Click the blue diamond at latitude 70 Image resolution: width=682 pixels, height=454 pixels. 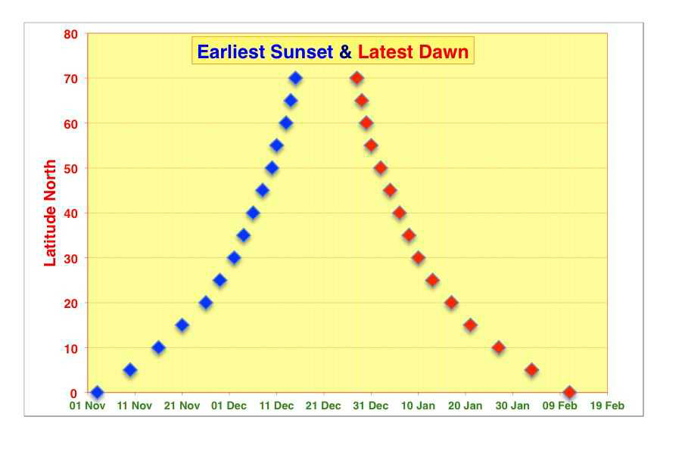point(296,78)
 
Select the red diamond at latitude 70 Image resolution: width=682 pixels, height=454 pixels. point(357,78)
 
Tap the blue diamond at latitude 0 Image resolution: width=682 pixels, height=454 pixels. point(97,392)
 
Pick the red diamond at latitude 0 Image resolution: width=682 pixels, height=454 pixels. point(569,392)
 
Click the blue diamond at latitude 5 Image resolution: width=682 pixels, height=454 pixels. point(130,370)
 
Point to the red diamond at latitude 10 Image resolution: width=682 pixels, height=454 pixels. point(499,347)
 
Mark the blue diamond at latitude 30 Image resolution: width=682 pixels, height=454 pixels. point(234,258)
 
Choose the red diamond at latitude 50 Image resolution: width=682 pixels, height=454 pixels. point(381,168)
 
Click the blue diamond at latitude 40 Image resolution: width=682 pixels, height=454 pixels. point(253,213)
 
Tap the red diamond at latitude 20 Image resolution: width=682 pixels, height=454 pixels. point(451,303)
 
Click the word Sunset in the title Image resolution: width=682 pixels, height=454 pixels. point(301,51)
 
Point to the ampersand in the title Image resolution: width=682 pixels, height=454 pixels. point(345,51)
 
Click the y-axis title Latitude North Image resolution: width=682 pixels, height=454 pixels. point(50,213)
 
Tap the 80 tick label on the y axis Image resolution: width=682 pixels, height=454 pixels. point(71,34)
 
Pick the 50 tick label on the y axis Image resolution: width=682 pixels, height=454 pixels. point(71,168)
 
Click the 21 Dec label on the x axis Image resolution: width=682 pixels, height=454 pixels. point(323,406)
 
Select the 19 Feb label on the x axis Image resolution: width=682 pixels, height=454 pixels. point(607,406)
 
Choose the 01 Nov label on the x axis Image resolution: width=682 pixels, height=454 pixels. point(87,406)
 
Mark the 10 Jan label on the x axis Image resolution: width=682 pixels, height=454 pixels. point(418,406)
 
